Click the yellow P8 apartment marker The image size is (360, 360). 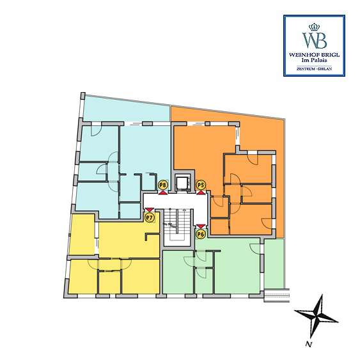(x=163, y=185)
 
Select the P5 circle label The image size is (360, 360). (x=201, y=185)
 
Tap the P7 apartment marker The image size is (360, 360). (x=150, y=217)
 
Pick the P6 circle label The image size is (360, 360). (x=201, y=235)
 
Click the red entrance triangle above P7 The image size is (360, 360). (x=150, y=210)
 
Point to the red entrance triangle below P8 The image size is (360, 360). (x=163, y=192)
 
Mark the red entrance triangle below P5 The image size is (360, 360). (x=201, y=192)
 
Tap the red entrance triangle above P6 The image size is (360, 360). (x=201, y=227)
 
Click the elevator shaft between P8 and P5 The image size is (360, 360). (x=182, y=183)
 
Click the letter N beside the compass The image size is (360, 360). (x=309, y=344)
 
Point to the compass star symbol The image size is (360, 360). (x=317, y=315)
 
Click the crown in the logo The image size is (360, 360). (x=314, y=27)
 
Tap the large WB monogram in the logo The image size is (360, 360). (x=315, y=40)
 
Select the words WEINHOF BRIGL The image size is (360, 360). (x=314, y=55)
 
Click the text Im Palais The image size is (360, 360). (x=314, y=60)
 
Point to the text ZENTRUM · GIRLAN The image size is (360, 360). (x=314, y=69)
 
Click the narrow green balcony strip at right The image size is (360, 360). (x=274, y=263)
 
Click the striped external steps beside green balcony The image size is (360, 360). (x=277, y=295)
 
